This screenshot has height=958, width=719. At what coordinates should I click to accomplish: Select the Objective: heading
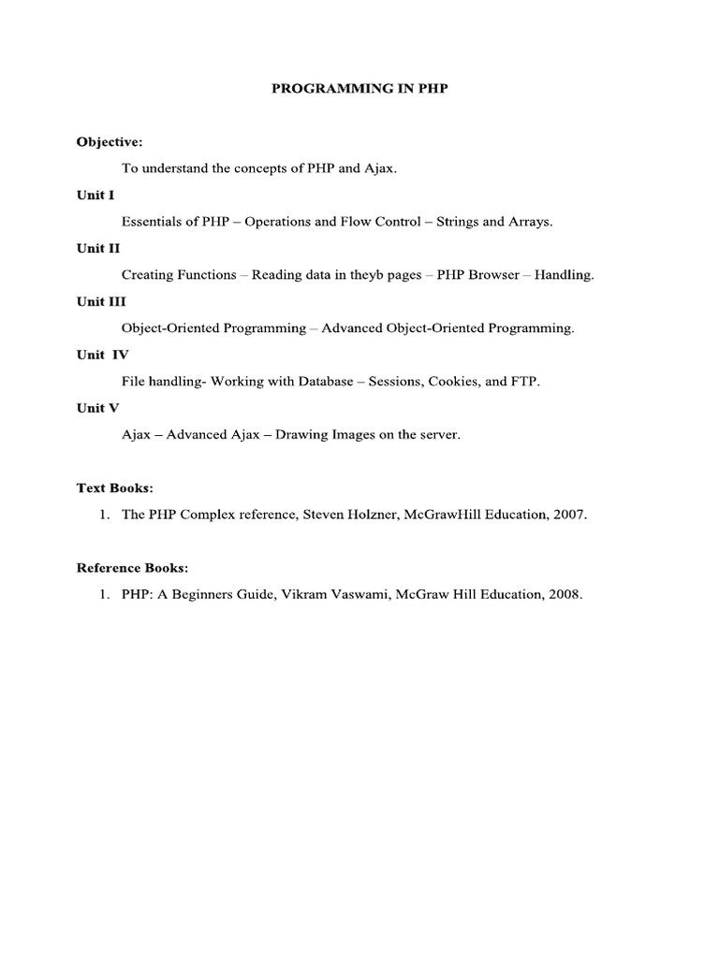(110, 142)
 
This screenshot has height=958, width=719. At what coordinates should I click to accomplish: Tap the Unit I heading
(95, 196)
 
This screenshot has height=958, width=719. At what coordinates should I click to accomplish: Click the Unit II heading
(98, 249)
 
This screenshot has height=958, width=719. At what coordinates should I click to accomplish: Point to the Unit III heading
(101, 301)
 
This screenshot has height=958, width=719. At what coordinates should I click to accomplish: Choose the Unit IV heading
(103, 355)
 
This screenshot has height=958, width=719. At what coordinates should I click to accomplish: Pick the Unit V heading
(98, 408)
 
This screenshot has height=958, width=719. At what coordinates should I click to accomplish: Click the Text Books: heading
(114, 487)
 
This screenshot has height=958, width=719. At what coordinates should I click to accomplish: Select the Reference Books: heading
(132, 567)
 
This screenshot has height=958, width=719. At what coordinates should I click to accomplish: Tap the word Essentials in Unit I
(153, 222)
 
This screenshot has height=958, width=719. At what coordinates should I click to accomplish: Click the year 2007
(570, 515)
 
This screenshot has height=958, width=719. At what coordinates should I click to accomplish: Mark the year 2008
(565, 594)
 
